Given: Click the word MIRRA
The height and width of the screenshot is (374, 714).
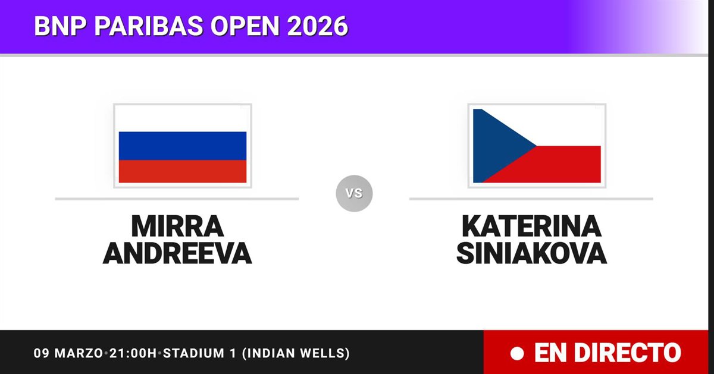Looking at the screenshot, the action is tap(177, 226).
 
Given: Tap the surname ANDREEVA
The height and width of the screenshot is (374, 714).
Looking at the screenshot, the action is tap(177, 253).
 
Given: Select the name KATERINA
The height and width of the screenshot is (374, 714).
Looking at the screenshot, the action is tap(532, 226).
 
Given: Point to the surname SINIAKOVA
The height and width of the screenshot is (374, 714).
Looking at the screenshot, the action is tap(532, 253).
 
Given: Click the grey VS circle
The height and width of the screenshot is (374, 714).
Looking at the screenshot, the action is tap(354, 193).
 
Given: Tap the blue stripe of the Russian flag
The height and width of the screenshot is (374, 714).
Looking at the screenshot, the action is tap(183, 146).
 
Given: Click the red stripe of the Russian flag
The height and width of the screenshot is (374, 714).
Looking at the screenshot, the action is tap(183, 171).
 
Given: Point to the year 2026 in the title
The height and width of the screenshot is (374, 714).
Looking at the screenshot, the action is tap(318, 26).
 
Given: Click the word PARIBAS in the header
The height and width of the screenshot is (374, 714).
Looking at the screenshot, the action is tap(149, 26).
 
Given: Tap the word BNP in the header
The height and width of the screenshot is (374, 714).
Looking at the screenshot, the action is tap(60, 26).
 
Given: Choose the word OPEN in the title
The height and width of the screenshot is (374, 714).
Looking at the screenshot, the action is tap(245, 26).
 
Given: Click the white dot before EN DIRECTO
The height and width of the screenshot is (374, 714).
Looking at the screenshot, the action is tap(517, 353).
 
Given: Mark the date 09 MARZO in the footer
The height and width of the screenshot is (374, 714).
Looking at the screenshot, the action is tap(68, 353).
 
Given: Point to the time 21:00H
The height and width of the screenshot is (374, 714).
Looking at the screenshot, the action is tap(133, 353).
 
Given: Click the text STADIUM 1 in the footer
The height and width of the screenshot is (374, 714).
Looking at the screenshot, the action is tap(200, 353).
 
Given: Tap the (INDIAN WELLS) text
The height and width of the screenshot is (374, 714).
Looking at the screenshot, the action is tap(296, 353).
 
